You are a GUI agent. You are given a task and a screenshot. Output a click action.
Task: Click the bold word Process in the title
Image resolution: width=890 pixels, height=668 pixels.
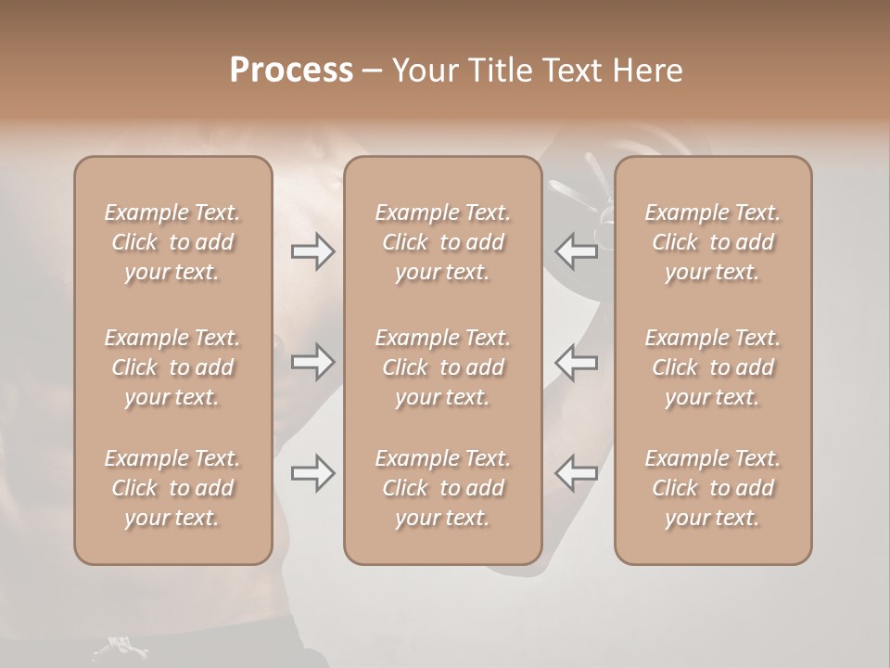pos(291,71)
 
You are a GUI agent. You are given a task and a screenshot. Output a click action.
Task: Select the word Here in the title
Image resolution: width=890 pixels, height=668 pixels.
pos(648,71)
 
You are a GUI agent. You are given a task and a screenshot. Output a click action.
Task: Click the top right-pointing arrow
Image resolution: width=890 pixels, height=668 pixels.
pos(312,251)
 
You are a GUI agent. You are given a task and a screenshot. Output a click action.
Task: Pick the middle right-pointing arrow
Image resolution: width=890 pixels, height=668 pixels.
pos(312,362)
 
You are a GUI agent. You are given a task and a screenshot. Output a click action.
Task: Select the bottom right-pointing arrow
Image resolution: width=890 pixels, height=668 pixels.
pos(312,473)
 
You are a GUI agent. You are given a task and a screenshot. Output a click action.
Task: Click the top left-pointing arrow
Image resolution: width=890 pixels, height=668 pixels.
pos(577,251)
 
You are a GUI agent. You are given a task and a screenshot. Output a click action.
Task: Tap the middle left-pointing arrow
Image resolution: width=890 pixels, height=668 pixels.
pos(577,362)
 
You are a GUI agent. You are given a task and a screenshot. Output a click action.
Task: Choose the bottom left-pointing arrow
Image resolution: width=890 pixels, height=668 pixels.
pos(577,473)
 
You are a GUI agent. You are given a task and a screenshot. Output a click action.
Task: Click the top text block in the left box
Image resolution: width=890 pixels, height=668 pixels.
pos(172,242)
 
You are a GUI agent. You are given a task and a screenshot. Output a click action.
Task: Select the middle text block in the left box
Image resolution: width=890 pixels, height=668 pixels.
pos(172,367)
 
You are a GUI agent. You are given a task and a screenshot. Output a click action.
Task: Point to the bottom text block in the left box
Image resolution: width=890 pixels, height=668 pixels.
pos(172,488)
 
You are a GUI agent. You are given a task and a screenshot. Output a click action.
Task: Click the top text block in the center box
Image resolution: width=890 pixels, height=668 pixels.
pos(443,242)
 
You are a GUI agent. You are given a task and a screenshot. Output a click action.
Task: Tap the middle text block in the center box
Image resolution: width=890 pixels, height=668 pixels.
pos(443,367)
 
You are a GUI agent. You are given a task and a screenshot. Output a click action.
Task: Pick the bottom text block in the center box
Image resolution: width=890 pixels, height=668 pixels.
pos(443,488)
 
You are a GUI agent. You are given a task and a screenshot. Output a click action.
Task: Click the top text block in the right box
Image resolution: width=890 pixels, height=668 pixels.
pos(713,242)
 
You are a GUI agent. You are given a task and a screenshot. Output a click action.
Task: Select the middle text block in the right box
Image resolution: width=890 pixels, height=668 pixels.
pos(713,367)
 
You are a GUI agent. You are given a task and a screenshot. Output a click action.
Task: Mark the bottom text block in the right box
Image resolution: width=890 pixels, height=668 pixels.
pos(713,488)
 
